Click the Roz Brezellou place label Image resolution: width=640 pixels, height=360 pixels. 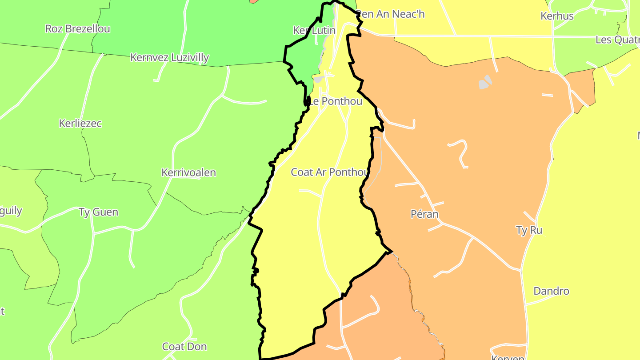click(78, 29)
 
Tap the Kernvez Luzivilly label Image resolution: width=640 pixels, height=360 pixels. click(169, 58)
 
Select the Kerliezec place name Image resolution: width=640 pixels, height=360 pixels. click(80, 124)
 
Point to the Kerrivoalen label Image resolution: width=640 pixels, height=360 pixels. click(188, 172)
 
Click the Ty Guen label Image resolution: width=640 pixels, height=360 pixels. click(98, 212)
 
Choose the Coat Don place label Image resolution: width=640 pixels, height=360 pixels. click(184, 347)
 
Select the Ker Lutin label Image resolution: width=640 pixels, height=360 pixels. click(314, 31)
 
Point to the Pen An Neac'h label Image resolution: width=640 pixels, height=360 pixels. click(391, 14)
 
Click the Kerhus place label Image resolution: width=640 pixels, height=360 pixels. click(557, 16)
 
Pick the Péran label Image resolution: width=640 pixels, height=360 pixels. click(424, 215)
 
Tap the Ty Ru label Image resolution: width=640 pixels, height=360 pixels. click(529, 230)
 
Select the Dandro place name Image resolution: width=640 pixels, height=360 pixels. click(551, 292)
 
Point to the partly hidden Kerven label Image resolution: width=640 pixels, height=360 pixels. click(508, 357)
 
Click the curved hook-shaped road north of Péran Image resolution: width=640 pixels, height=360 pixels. click(460, 153)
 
